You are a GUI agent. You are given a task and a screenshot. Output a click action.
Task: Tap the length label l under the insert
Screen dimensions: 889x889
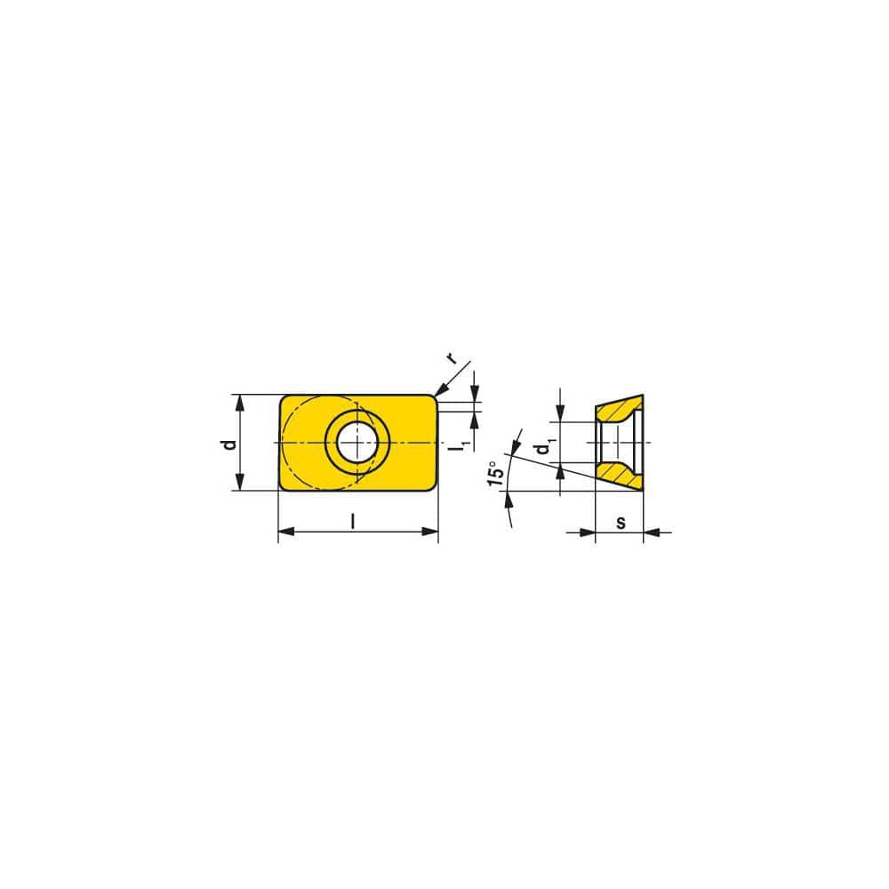(x=353, y=522)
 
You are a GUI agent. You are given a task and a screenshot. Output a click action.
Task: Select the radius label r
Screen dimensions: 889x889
(x=452, y=359)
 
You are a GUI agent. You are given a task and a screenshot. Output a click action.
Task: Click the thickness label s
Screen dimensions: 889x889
(x=620, y=522)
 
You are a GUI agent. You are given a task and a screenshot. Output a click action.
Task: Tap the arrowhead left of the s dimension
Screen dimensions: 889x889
(x=588, y=533)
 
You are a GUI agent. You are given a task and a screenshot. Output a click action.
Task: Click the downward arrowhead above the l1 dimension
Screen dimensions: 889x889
(x=475, y=395)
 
